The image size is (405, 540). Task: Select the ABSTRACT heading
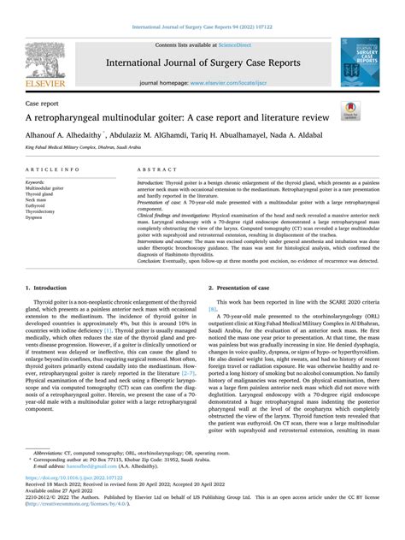coord(154,171)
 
